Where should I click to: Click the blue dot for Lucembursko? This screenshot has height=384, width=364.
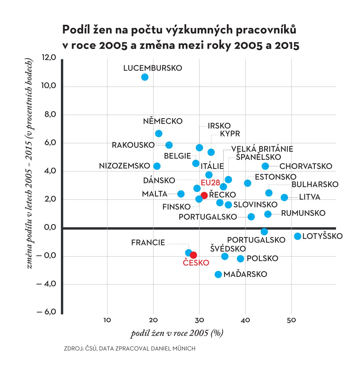[145, 77]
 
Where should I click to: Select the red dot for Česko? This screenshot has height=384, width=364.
[193, 255]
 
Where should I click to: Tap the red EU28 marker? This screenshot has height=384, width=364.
[204, 195]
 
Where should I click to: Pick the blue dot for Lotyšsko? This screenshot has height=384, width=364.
[297, 236]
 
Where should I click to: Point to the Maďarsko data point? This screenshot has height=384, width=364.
[218, 274]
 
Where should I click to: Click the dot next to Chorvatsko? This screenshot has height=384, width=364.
[265, 166]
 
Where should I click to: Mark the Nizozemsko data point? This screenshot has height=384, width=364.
[157, 166]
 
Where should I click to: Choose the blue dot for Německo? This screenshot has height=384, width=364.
[159, 133]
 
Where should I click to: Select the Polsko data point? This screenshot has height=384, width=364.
[241, 258]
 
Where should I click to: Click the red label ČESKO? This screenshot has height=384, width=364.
[196, 263]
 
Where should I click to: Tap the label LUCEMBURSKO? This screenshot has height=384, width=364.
[153, 68]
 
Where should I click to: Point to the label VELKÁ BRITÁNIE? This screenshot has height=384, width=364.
[262, 149]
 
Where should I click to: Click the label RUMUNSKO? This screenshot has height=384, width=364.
[303, 213]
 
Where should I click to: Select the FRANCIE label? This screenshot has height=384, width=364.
[148, 242]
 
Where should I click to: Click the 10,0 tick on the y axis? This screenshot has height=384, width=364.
[49, 86]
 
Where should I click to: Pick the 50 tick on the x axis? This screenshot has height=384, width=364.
[291, 320]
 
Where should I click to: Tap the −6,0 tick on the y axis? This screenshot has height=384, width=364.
[46, 312]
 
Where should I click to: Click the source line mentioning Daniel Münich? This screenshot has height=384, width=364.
[130, 348]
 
